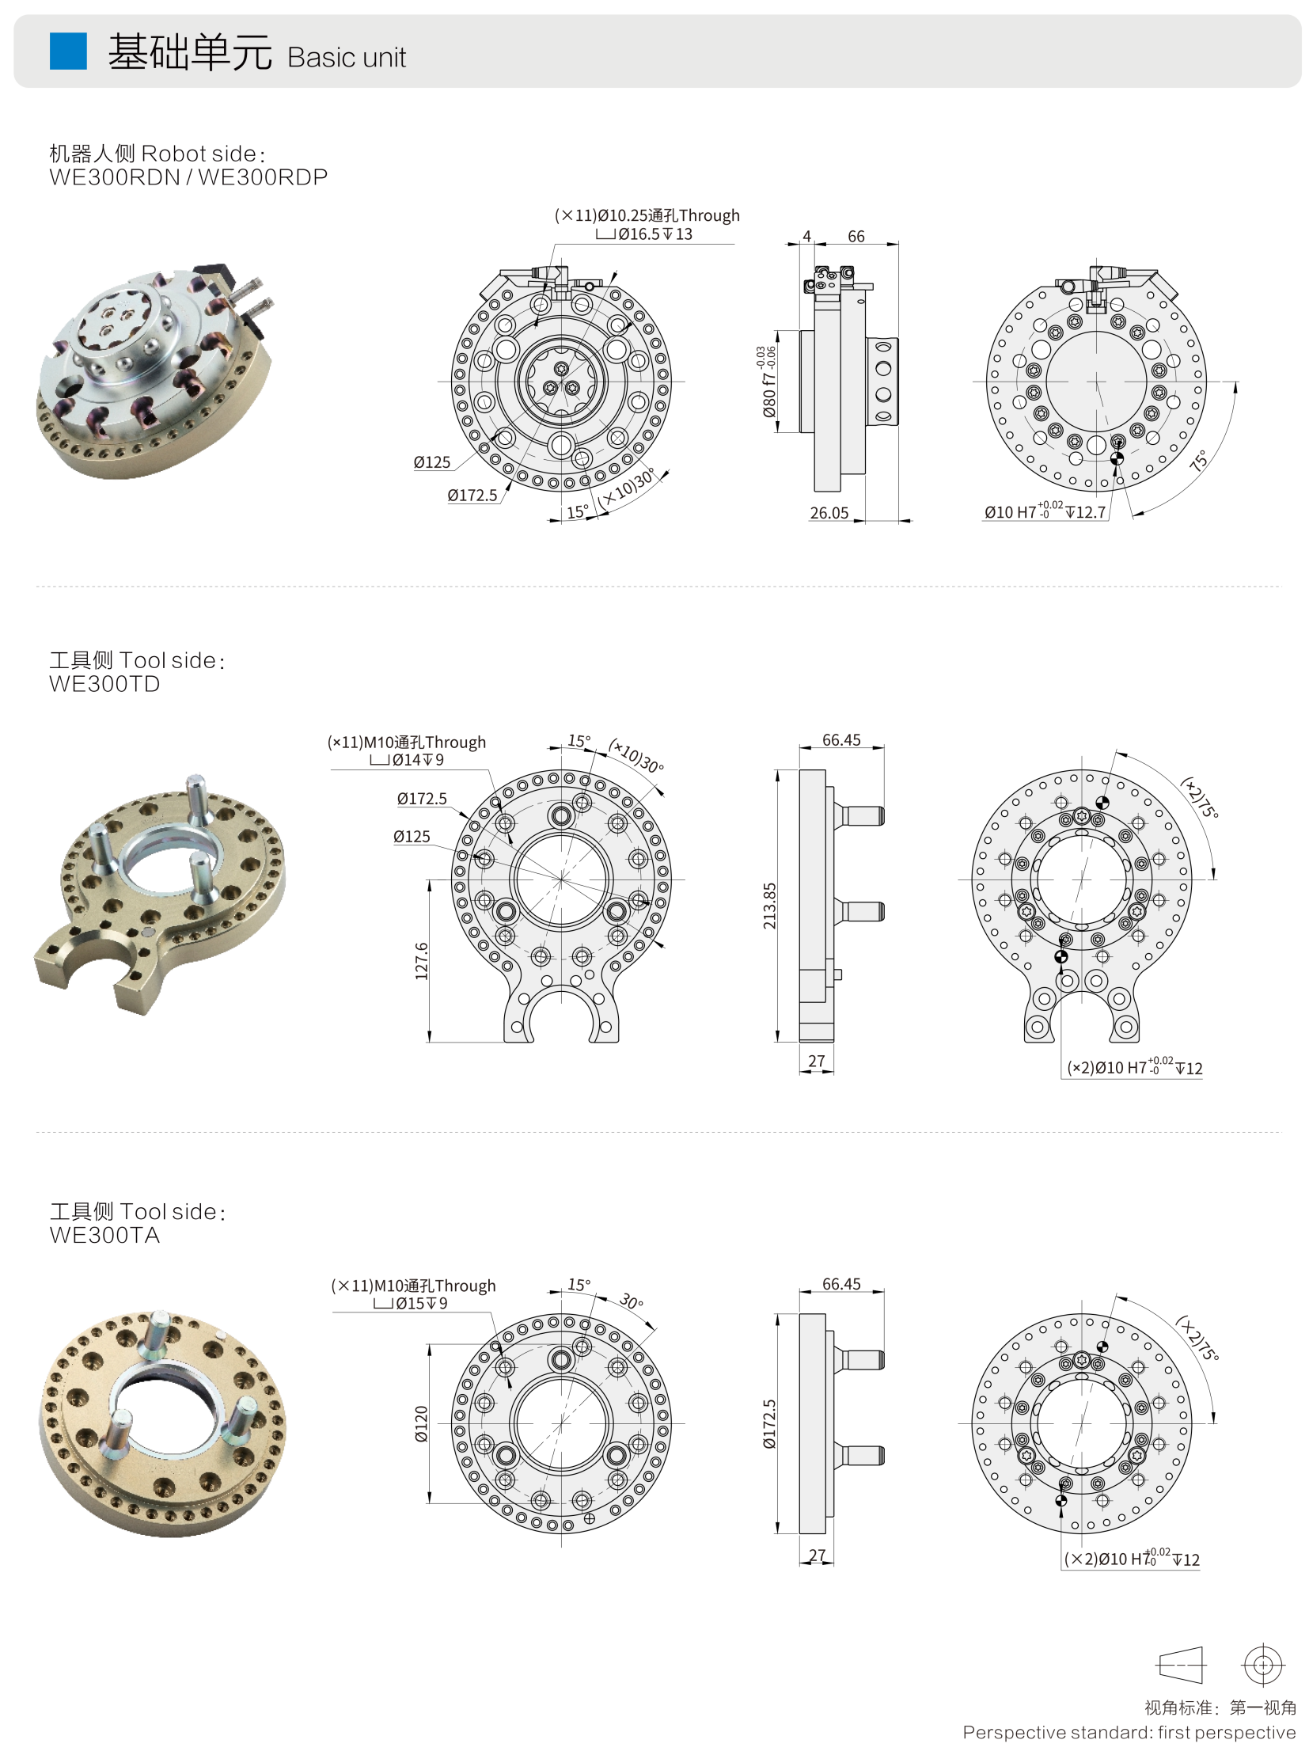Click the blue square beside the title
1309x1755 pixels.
pyautogui.click(x=68, y=51)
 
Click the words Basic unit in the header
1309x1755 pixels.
pyautogui.click(x=347, y=58)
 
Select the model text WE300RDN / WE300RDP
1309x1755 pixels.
pyautogui.click(x=188, y=177)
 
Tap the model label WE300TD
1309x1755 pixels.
pyautogui.click(x=104, y=684)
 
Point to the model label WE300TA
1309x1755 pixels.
pyautogui.click(x=104, y=1235)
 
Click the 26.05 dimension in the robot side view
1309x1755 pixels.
pyautogui.click(x=829, y=513)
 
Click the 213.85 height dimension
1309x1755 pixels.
pyautogui.click(x=769, y=906)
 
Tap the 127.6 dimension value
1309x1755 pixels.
pyautogui.click(x=422, y=961)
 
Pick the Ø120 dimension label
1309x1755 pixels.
pyautogui.click(x=422, y=1423)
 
